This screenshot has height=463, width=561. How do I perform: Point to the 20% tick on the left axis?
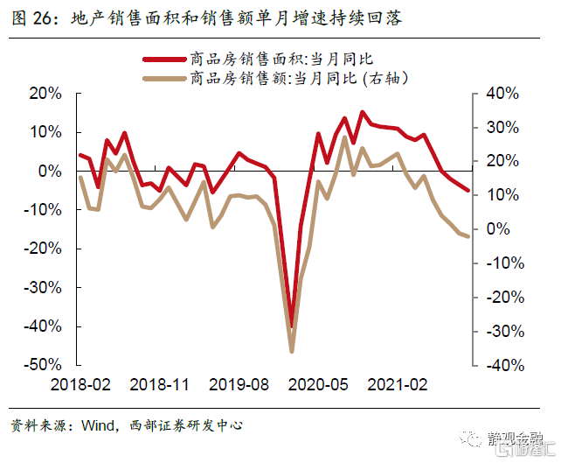(44, 94)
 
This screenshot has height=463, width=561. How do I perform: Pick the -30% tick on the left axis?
(41, 287)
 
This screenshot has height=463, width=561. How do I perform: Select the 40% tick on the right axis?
(502, 94)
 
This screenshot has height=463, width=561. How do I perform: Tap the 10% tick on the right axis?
(502, 194)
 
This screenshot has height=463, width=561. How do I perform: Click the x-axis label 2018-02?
(80, 385)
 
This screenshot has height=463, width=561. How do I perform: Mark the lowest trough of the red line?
(292, 326)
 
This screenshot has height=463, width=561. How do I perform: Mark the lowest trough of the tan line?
(292, 352)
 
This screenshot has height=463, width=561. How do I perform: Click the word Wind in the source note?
(98, 425)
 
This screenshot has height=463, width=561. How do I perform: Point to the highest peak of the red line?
(363, 112)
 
